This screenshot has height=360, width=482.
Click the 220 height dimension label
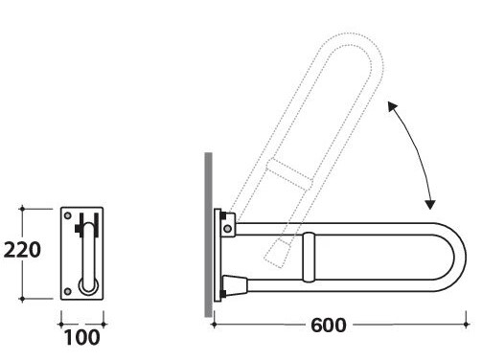tap(22, 250)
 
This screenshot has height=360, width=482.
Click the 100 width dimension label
tap(81, 338)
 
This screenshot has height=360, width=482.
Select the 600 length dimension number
tap(329, 326)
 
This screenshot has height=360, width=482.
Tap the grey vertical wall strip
tap(208, 235)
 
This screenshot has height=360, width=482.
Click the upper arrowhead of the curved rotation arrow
tap(393, 106)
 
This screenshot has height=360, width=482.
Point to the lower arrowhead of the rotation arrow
tap(430, 204)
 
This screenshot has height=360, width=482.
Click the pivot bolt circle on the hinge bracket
tap(227, 229)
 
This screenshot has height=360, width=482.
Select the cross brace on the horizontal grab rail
tap(309, 258)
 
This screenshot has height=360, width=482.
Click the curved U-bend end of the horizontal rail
tap(460, 258)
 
